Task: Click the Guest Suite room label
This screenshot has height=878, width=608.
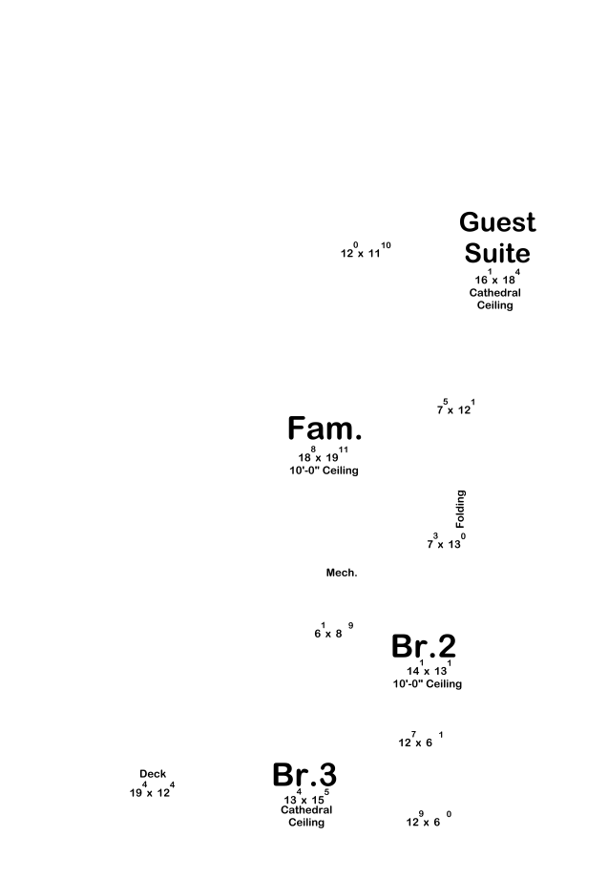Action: pyautogui.click(x=497, y=238)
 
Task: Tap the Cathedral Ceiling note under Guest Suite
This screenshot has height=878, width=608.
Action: pyautogui.click(x=495, y=299)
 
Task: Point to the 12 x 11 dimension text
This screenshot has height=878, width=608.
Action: pyautogui.click(x=365, y=252)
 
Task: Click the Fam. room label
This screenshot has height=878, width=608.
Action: pyautogui.click(x=325, y=429)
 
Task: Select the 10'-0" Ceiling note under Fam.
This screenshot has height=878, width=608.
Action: pyautogui.click(x=325, y=470)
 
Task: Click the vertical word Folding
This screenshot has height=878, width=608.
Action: pyautogui.click(x=461, y=510)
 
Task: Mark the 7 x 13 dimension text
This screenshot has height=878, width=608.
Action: pyautogui.click(x=446, y=542)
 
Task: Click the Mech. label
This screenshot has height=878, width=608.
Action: pyautogui.click(x=342, y=573)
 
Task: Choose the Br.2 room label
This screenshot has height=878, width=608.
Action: pyautogui.click(x=424, y=646)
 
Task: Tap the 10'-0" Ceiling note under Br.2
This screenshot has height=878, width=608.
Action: pyautogui.click(x=428, y=684)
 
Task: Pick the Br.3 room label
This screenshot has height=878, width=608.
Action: pyautogui.click(x=304, y=775)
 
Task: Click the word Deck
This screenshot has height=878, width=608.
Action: pyautogui.click(x=153, y=774)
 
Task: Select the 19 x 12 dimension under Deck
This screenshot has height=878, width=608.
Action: pyautogui.click(x=152, y=791)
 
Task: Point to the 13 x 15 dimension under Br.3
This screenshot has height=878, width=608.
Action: pyautogui.click(x=305, y=798)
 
